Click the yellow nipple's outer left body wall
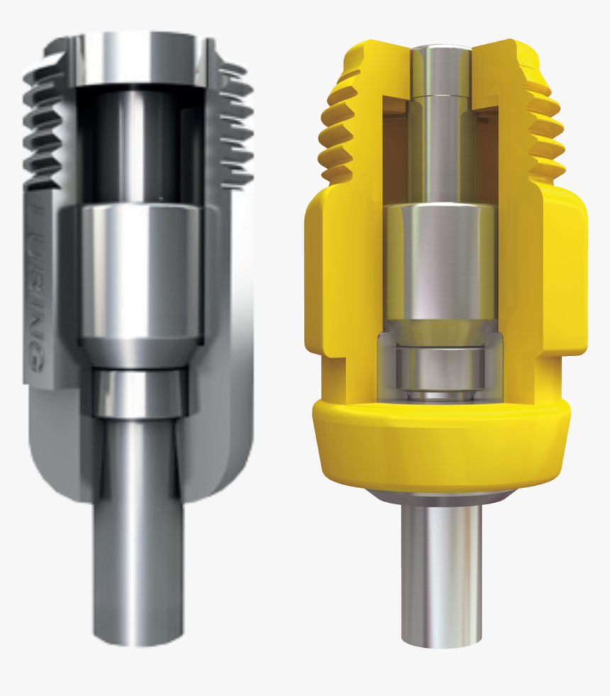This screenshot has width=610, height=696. click(x=319, y=284)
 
